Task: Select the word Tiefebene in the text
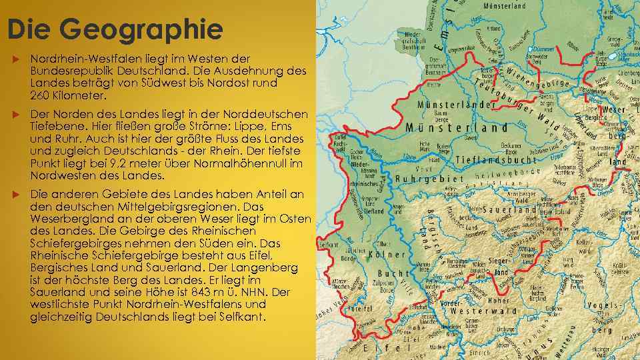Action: tap(55, 127)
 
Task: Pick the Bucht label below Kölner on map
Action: tap(393, 273)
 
